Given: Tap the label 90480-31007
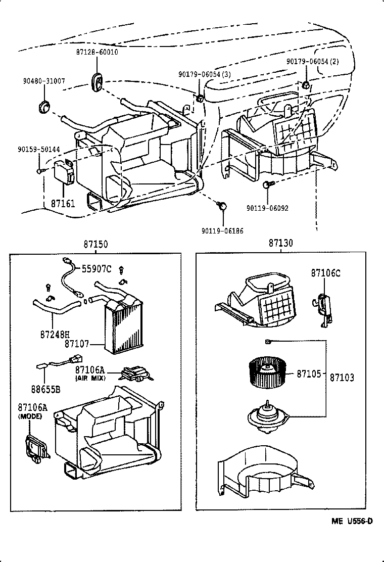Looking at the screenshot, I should point(43,81).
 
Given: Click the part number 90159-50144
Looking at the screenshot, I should point(38,150).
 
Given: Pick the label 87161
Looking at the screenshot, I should point(63,204).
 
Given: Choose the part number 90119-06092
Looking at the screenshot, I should point(267,208).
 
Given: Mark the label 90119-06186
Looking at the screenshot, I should point(222,231).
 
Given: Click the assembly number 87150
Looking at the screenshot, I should point(95,245).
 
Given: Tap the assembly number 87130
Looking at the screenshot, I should point(280,243).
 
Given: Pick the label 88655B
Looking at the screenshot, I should point(45,389).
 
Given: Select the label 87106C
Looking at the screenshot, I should point(325,273).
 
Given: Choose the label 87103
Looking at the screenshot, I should point(342,377).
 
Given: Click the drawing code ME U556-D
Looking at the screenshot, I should point(352,521).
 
